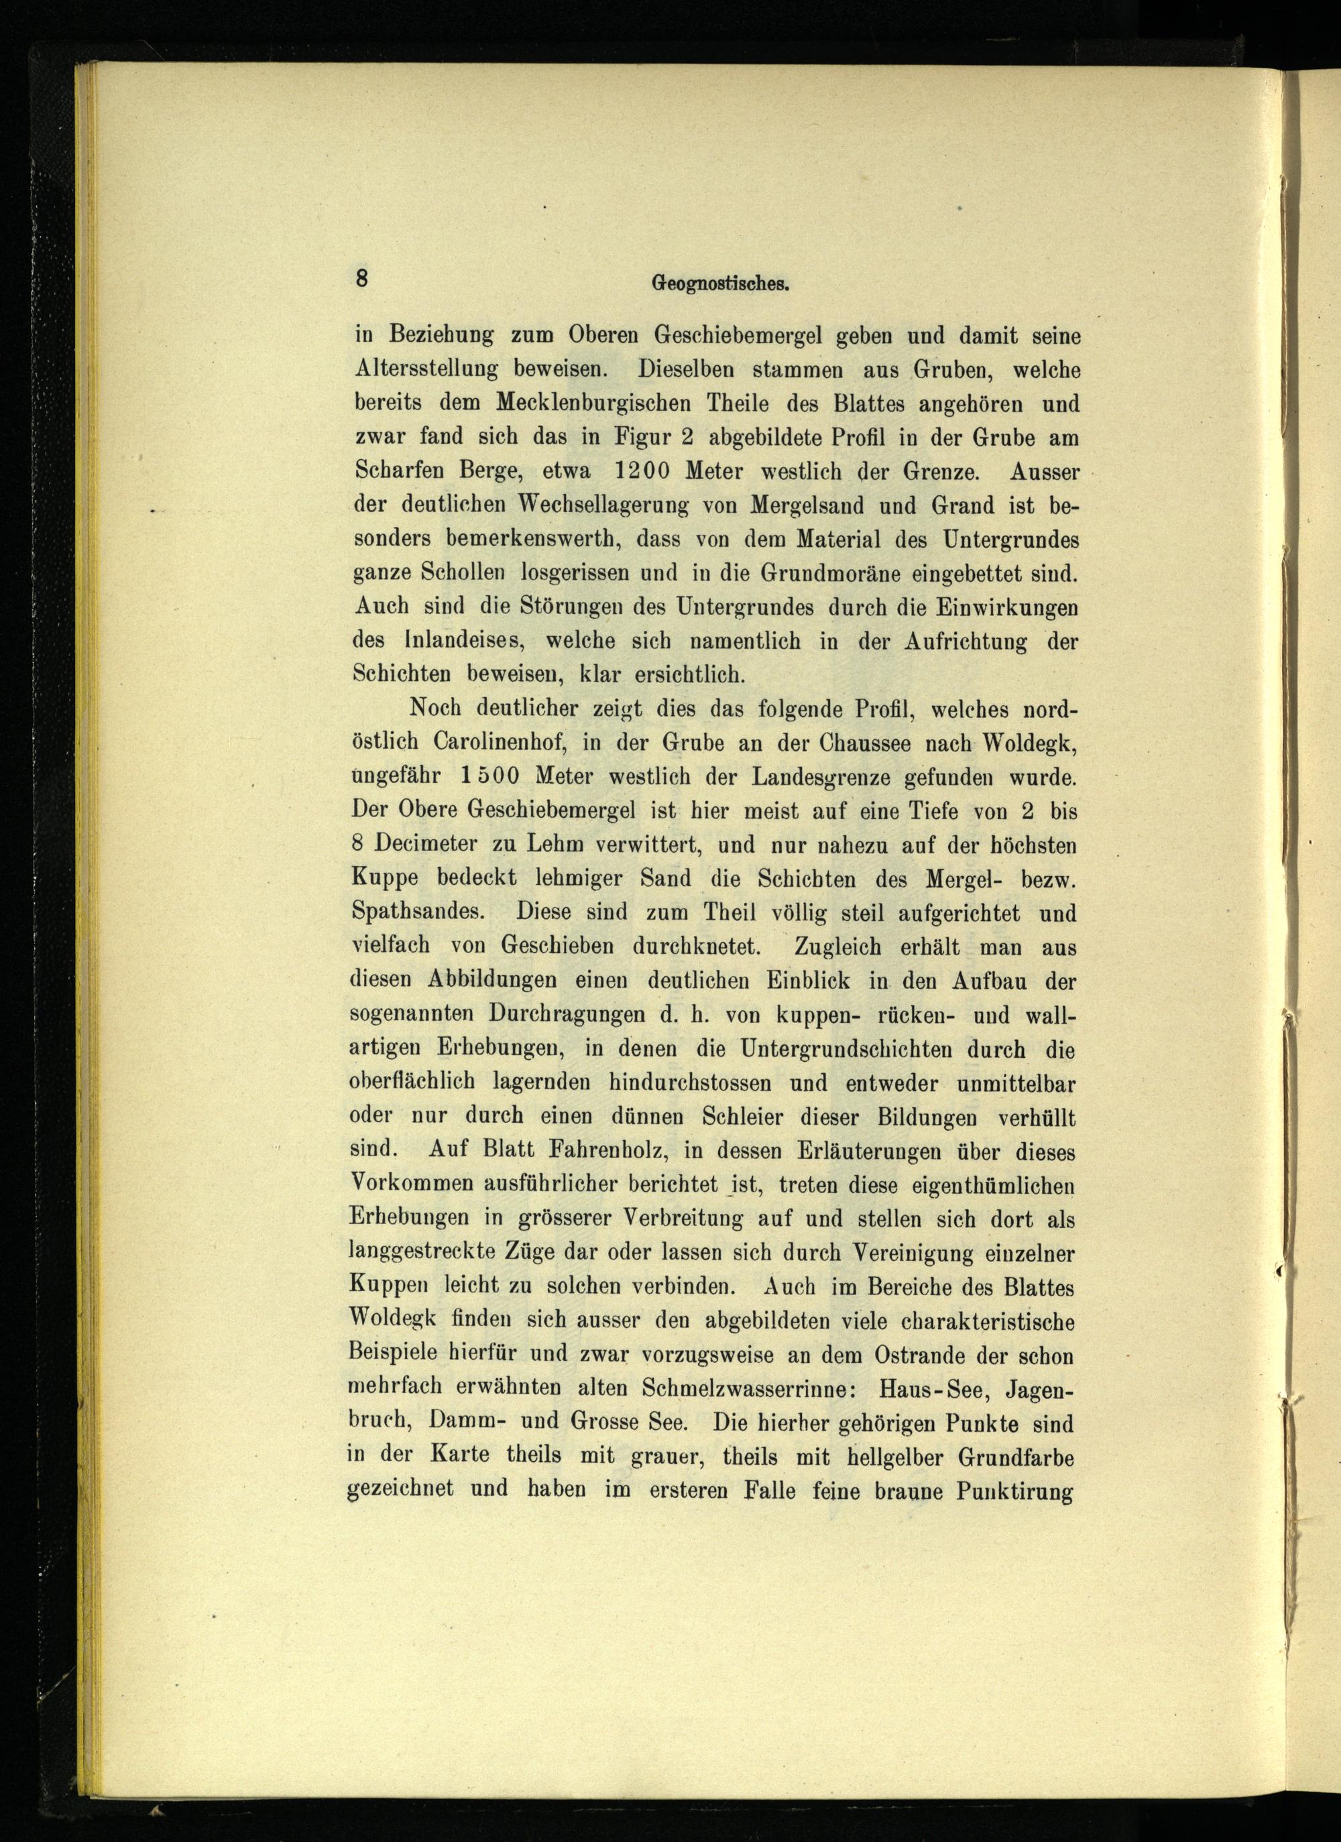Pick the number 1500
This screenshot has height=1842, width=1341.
click(489, 776)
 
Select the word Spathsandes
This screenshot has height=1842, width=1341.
click(419, 912)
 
